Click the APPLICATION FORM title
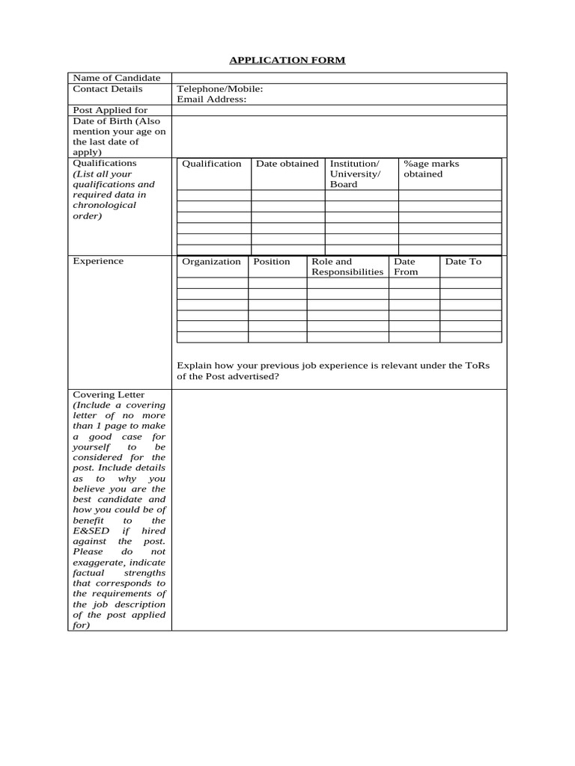click(287, 60)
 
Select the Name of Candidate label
click(116, 78)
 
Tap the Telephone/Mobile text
click(219, 89)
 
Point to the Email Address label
click(211, 99)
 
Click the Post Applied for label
click(110, 110)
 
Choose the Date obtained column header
click(287, 164)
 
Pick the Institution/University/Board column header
click(355, 174)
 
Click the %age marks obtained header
click(431, 168)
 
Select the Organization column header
click(211, 262)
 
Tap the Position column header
click(271, 262)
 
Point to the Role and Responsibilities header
click(347, 267)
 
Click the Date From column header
click(406, 267)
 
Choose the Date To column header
click(463, 262)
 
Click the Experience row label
click(98, 261)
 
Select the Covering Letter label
click(109, 394)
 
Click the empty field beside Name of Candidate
click(338, 78)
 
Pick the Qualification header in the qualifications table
click(211, 164)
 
